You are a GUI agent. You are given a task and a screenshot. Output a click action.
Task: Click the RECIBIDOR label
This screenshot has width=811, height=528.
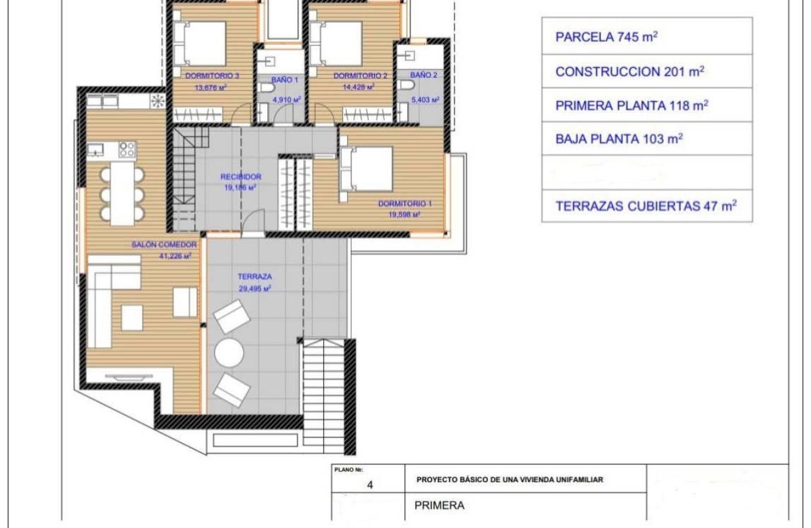click(241, 177)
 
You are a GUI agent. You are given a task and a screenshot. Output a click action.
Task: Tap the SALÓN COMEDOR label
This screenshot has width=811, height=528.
click(165, 245)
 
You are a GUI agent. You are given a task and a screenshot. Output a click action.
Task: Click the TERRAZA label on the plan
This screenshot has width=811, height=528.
click(255, 276)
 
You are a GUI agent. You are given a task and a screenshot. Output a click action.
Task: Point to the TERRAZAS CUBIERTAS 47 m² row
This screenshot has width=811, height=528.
click(646, 206)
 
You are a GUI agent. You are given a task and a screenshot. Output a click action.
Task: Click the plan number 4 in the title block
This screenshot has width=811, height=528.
click(370, 485)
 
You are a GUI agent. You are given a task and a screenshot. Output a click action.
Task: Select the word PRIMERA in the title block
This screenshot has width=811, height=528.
click(439, 505)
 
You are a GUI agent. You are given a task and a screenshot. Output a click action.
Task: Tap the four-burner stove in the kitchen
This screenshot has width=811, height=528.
click(128, 150)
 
